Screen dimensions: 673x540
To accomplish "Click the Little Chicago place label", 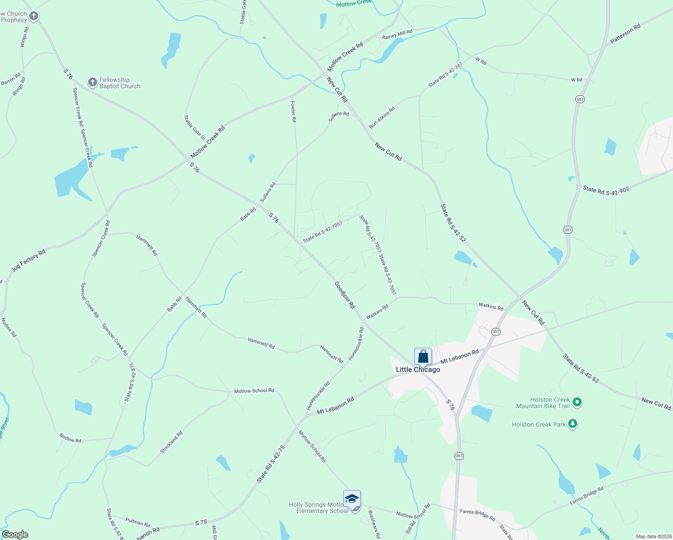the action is coord(418,369).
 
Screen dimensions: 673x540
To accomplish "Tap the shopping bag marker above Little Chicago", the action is coord(423,357).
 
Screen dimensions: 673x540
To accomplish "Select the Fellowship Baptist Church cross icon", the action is coord(92,82).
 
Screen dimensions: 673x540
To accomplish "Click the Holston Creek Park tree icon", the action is coord(572,424).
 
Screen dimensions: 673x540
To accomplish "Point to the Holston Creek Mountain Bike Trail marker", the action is coord(577,402).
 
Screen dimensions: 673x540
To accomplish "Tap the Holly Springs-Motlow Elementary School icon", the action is coord(352,499).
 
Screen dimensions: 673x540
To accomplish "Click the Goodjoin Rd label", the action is coord(345,295).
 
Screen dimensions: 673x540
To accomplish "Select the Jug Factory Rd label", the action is coord(29,261).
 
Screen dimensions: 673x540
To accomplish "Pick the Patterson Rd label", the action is coord(625,34).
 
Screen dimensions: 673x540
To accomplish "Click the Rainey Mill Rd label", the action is coord(397,34).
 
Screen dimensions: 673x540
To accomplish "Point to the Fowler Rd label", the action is coord(293,112).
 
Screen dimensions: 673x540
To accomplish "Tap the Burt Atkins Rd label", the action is coord(382,117).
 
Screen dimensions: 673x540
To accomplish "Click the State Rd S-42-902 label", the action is coord(606,190).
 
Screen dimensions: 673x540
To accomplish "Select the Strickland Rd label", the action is coord(172,442).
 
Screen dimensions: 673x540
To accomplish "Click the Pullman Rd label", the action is coord(138,522).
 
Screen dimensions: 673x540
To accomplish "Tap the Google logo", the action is coord(15,535).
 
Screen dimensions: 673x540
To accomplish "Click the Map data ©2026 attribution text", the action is coord(652,536).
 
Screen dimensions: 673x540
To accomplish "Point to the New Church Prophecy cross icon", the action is coord(34,17).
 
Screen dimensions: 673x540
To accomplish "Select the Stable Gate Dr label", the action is coord(194,127).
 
